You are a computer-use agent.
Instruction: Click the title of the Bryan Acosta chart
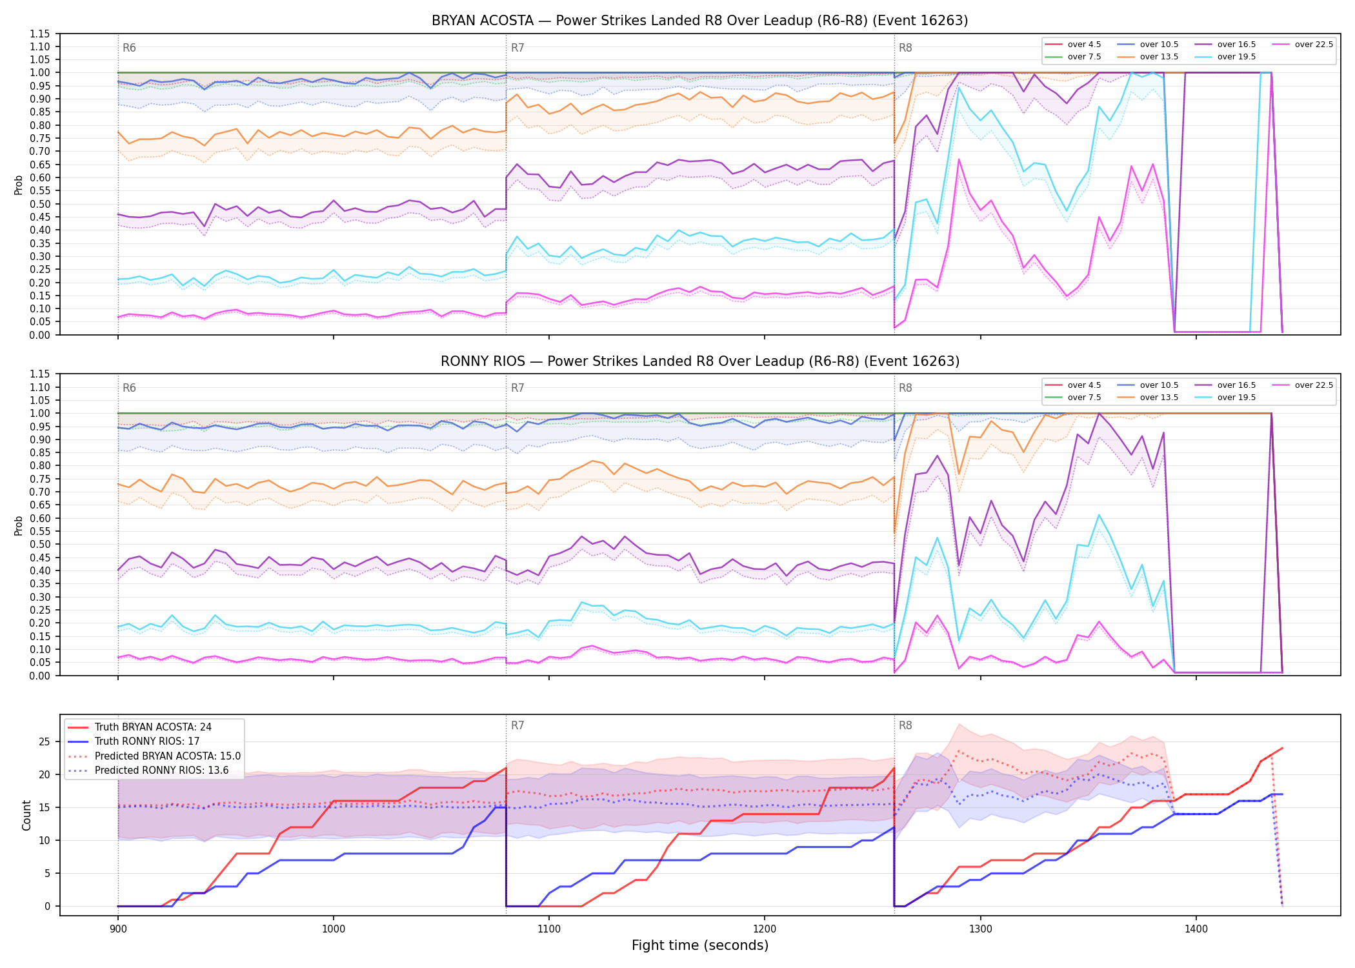699,21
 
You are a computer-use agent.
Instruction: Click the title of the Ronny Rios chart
699,361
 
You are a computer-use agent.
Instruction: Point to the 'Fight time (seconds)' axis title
700,945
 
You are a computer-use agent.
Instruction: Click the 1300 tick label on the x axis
980,929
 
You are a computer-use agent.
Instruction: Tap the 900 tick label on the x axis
117,929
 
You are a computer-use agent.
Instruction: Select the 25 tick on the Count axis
44,742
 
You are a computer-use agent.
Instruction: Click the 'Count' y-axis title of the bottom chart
26,815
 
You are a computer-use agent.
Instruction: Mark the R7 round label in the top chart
517,48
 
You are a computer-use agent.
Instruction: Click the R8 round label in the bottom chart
905,725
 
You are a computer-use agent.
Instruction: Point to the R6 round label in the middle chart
129,388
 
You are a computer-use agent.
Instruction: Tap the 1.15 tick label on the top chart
40,34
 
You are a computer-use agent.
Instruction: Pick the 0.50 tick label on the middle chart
40,544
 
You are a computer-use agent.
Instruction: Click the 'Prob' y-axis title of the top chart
19,185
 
